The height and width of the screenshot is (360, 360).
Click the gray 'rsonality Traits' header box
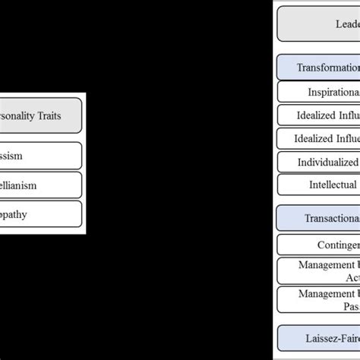click(x=41, y=118)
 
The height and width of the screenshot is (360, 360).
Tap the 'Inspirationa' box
click(x=319, y=92)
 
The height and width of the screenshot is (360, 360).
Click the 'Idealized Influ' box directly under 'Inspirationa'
click(x=319, y=115)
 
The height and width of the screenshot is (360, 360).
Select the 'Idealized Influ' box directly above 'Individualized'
click(x=319, y=139)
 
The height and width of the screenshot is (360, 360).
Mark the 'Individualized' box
click(x=319, y=162)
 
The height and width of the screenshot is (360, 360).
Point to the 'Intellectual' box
click(x=319, y=185)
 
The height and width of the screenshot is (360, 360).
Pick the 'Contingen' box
click(x=319, y=245)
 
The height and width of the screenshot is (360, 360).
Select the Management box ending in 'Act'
click(x=319, y=271)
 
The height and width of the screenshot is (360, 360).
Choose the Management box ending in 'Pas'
click(x=319, y=300)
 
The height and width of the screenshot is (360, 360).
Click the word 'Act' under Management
click(x=349, y=278)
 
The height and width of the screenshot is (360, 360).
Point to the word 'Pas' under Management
click(x=349, y=307)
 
